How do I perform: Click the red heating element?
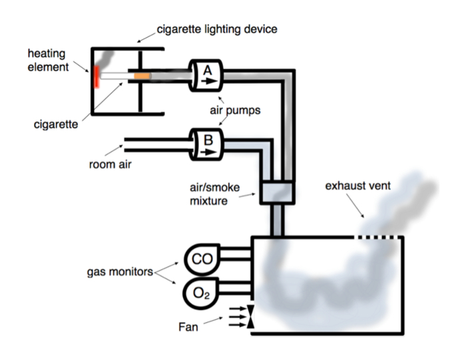[x=97, y=76]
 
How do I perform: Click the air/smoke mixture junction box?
[x=278, y=194]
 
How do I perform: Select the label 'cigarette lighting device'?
[x=216, y=29]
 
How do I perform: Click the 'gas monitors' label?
[x=119, y=272]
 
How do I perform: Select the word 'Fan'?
[x=188, y=327]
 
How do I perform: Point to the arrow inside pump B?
[x=208, y=150]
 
